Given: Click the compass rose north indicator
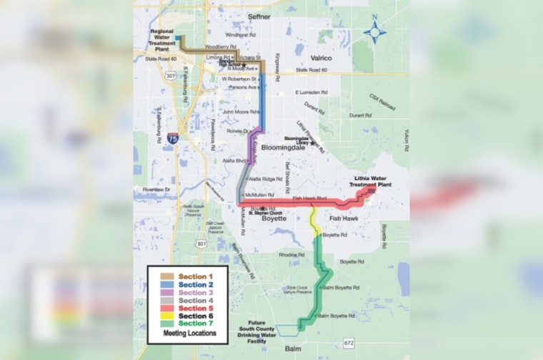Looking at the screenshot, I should click(375, 31).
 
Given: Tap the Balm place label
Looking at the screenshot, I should click(292, 349).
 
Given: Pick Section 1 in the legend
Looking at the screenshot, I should click(196, 276).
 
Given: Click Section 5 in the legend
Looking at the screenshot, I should click(196, 308).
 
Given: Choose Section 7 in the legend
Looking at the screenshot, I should click(196, 324).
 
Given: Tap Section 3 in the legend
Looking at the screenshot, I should click(196, 292).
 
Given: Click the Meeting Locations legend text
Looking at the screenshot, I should click(187, 333).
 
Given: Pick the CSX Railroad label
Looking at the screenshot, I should click(383, 100).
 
